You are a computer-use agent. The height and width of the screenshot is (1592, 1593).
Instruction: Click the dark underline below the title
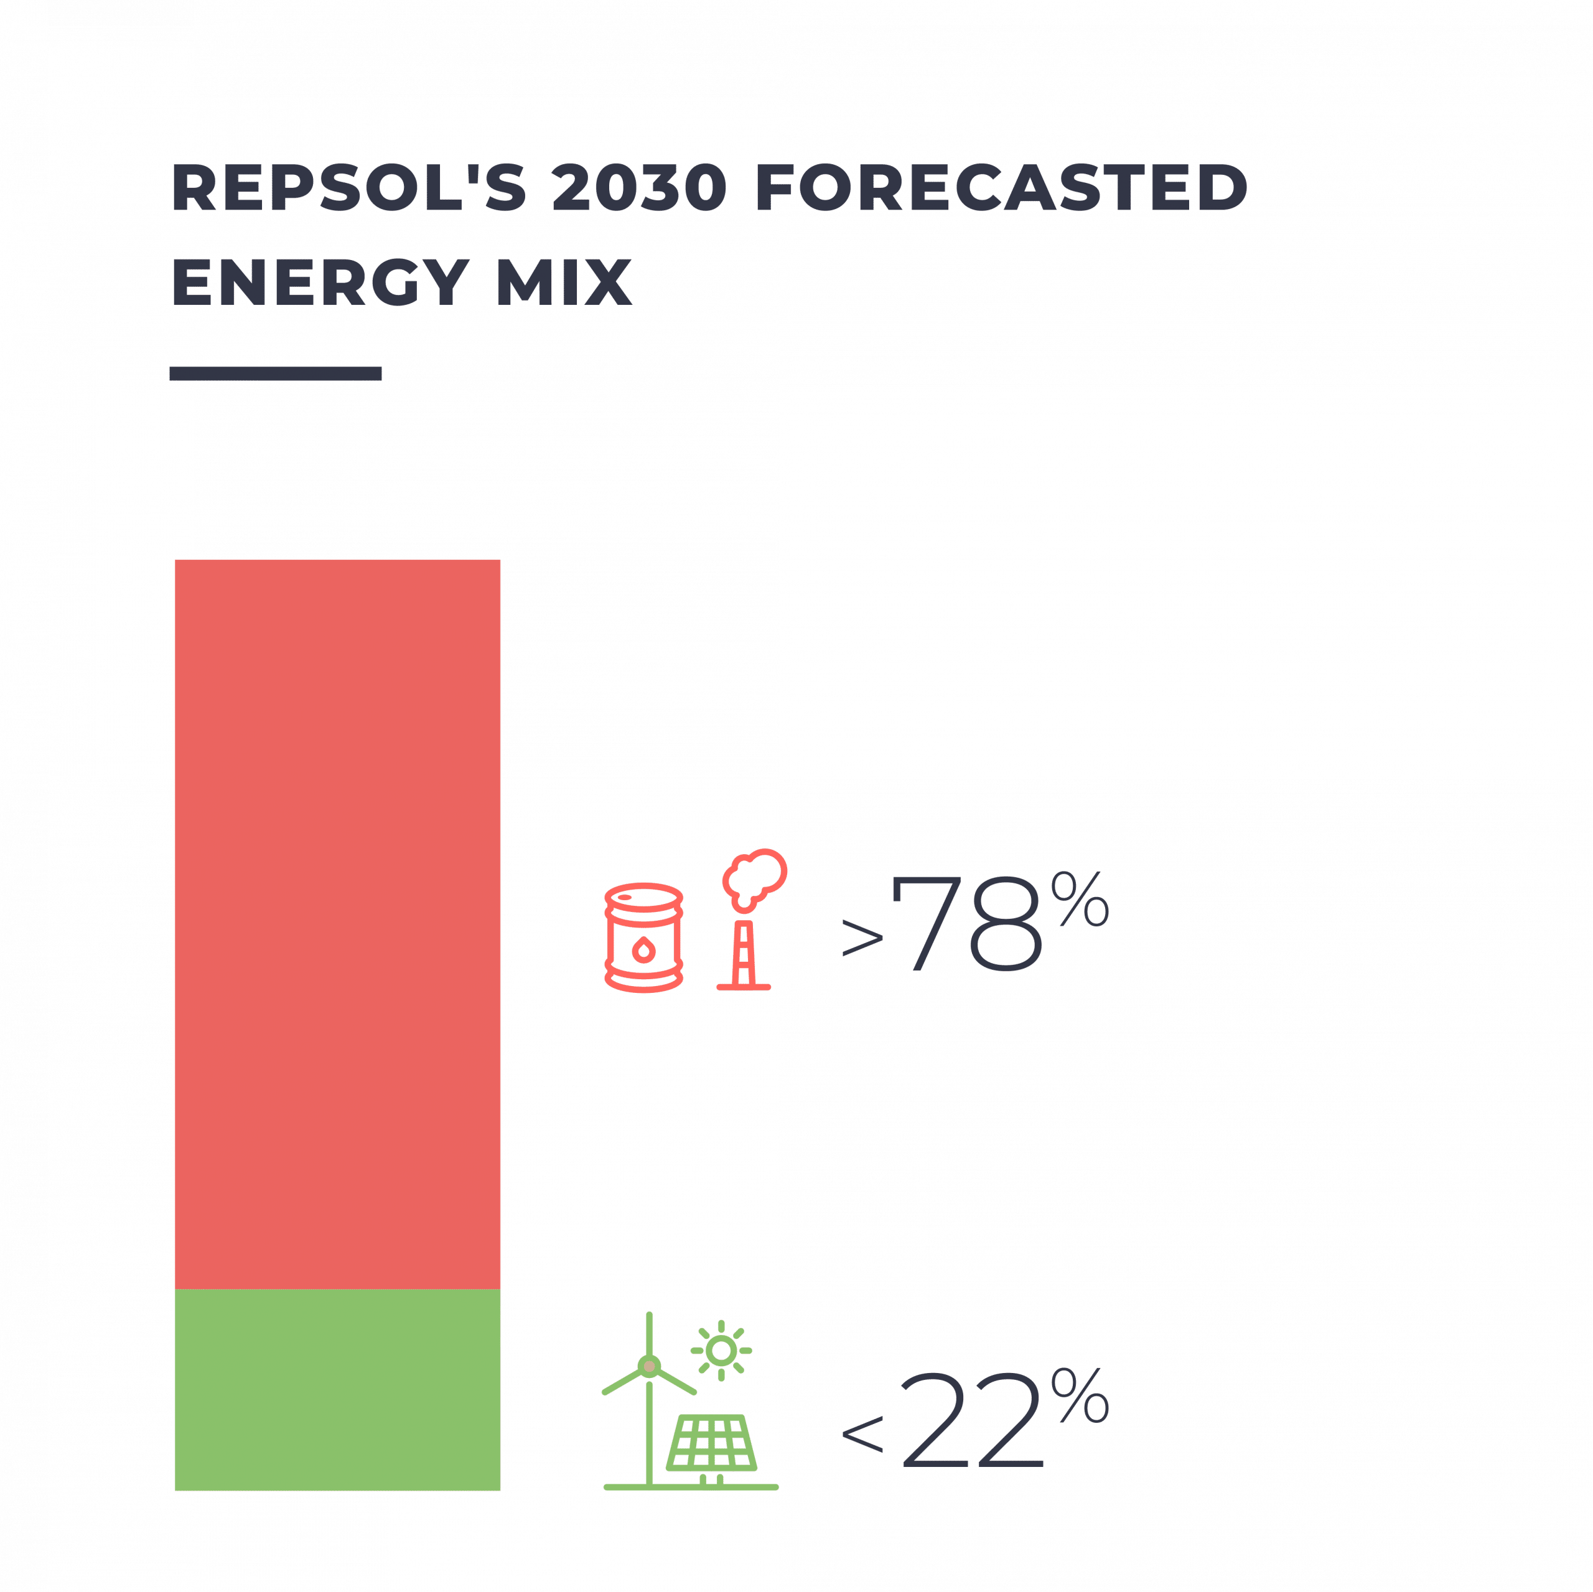(276, 373)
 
